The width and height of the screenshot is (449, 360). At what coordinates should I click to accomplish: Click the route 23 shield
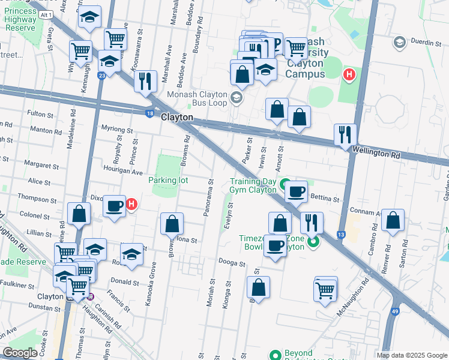(x=103, y=75)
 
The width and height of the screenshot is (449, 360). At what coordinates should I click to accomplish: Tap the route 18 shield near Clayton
(x=149, y=112)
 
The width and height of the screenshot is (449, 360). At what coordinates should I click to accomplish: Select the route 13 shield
(x=341, y=235)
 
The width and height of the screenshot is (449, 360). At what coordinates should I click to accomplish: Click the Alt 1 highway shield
(x=43, y=13)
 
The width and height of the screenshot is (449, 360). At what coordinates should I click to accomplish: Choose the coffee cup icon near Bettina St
(x=295, y=192)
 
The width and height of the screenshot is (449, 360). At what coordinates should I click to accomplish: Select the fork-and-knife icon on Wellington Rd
(x=345, y=134)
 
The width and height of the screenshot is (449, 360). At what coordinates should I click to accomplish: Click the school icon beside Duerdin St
(x=399, y=42)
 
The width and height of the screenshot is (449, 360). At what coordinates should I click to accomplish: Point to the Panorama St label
(x=210, y=198)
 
